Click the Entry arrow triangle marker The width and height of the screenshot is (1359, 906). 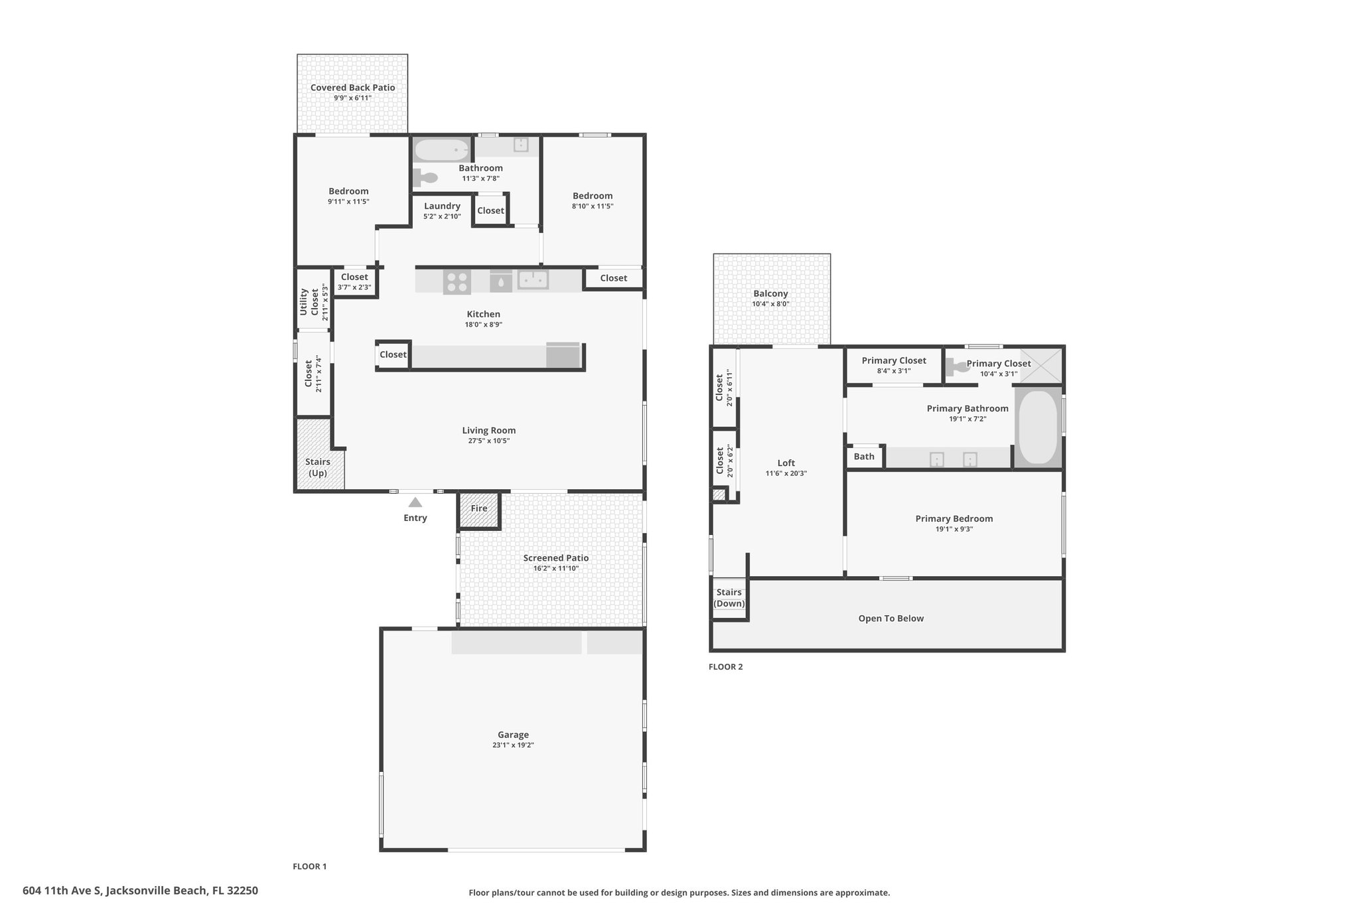tap(415, 502)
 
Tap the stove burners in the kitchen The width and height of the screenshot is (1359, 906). tap(457, 281)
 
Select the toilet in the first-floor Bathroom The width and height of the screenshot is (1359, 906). tap(425, 178)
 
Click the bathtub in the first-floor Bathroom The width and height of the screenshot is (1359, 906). tap(442, 150)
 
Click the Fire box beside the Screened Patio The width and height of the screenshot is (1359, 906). tap(479, 510)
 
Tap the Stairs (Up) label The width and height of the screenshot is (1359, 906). tap(318, 467)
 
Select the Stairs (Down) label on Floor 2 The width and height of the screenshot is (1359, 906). tap(729, 598)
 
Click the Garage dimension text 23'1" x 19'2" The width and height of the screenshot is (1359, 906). tap(513, 745)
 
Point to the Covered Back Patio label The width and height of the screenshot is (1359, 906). tap(352, 88)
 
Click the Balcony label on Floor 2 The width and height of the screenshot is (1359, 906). tap(770, 293)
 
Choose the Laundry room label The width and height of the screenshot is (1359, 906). tap(442, 206)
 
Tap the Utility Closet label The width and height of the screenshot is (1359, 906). tap(309, 302)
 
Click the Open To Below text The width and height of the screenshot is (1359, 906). tap(891, 619)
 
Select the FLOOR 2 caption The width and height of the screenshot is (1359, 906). tap(726, 666)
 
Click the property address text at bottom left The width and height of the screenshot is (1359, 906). tap(140, 891)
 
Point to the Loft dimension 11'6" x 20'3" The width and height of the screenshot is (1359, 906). tap(786, 473)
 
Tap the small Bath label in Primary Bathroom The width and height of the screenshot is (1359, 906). tap(864, 457)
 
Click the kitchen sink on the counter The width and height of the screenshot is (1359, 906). tap(533, 280)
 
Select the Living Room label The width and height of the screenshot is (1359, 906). tap(489, 430)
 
